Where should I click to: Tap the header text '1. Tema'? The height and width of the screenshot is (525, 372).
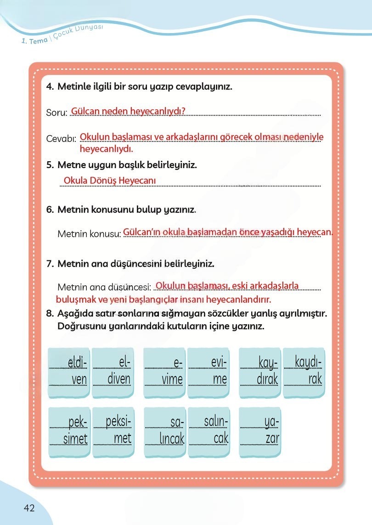point(34,41)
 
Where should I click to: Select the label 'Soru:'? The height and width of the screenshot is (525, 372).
point(57,113)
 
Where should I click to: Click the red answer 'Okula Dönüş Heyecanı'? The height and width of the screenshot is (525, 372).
point(110,181)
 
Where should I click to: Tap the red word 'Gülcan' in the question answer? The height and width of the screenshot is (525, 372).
point(86,111)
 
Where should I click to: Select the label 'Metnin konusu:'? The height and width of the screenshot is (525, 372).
point(89,234)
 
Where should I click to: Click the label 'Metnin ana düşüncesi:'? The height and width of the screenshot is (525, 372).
point(104,288)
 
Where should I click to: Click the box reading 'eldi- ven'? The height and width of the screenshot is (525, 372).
point(68,372)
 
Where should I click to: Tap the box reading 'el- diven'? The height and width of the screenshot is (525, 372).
point(113,372)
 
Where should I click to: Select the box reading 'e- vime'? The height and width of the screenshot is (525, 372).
point(164,372)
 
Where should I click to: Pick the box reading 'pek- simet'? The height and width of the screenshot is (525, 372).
point(68,430)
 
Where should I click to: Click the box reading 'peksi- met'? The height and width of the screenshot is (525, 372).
point(113,430)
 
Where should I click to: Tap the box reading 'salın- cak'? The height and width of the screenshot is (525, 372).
point(209,430)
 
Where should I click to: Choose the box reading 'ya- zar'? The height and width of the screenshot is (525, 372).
point(259,430)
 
